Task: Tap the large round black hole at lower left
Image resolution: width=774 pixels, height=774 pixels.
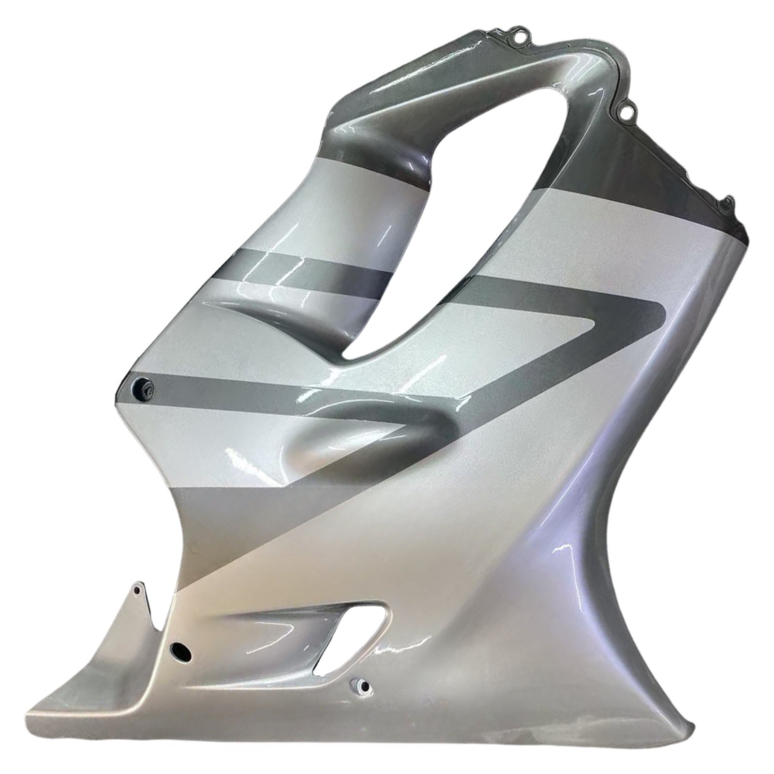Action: point(181,652)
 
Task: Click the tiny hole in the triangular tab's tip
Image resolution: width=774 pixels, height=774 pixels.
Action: point(137,591)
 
